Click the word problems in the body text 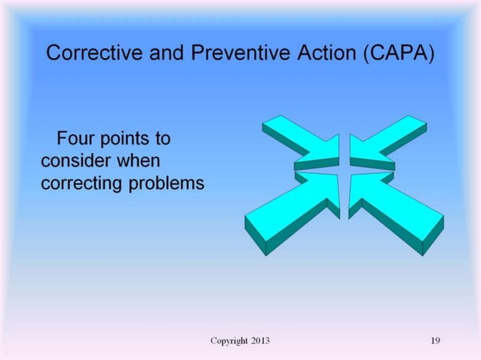[165, 184]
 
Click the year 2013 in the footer [260, 341]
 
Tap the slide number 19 [435, 341]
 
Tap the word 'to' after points [162, 139]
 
